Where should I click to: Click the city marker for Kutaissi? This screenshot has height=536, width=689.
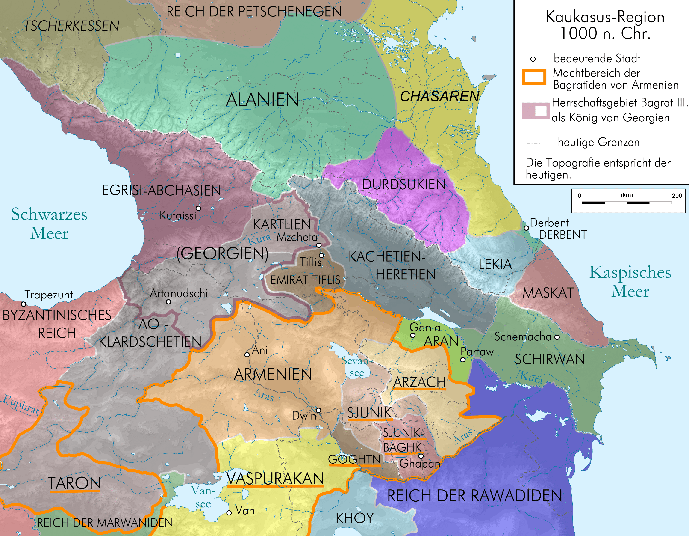(198, 208)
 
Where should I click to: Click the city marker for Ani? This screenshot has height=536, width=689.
(247, 354)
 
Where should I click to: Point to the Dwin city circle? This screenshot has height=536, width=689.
(319, 410)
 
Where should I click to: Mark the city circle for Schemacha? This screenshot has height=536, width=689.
(557, 337)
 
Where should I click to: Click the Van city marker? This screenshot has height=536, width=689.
(229, 513)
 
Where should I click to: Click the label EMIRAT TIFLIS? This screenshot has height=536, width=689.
(305, 280)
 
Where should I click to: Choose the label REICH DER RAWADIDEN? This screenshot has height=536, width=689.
(474, 496)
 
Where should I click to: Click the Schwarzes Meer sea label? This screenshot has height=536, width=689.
(49, 223)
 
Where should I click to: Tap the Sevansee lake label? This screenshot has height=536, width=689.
(356, 367)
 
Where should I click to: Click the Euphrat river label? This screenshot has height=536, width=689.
(21, 404)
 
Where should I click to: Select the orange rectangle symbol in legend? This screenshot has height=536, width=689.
(534, 77)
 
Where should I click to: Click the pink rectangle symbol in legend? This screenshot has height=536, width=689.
(535, 110)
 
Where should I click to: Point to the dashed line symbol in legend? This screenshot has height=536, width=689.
(534, 143)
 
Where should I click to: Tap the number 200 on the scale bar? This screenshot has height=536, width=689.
(677, 195)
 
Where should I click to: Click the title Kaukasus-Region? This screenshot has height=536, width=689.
(605, 17)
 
